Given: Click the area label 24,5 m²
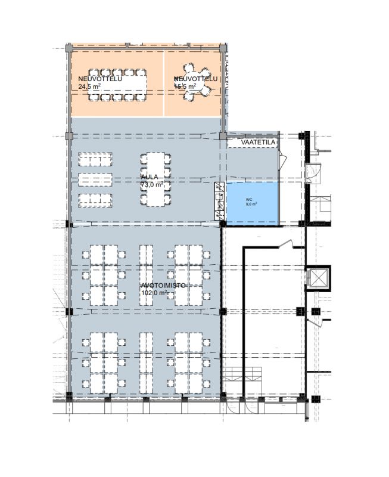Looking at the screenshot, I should tap(89, 86).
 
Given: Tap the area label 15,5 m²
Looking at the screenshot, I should tap(185, 86).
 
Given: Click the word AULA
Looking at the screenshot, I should tap(149, 177).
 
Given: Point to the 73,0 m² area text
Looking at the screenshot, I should tap(152, 185).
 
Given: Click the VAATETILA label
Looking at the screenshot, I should tap(258, 143).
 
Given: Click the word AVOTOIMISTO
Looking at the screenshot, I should tap(164, 286).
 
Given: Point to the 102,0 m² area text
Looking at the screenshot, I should tap(155, 293).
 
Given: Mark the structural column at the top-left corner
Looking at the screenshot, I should tap(69, 48).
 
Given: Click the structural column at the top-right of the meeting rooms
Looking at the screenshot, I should tap(222, 48).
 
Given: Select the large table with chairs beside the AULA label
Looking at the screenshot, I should tap(156, 179).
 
